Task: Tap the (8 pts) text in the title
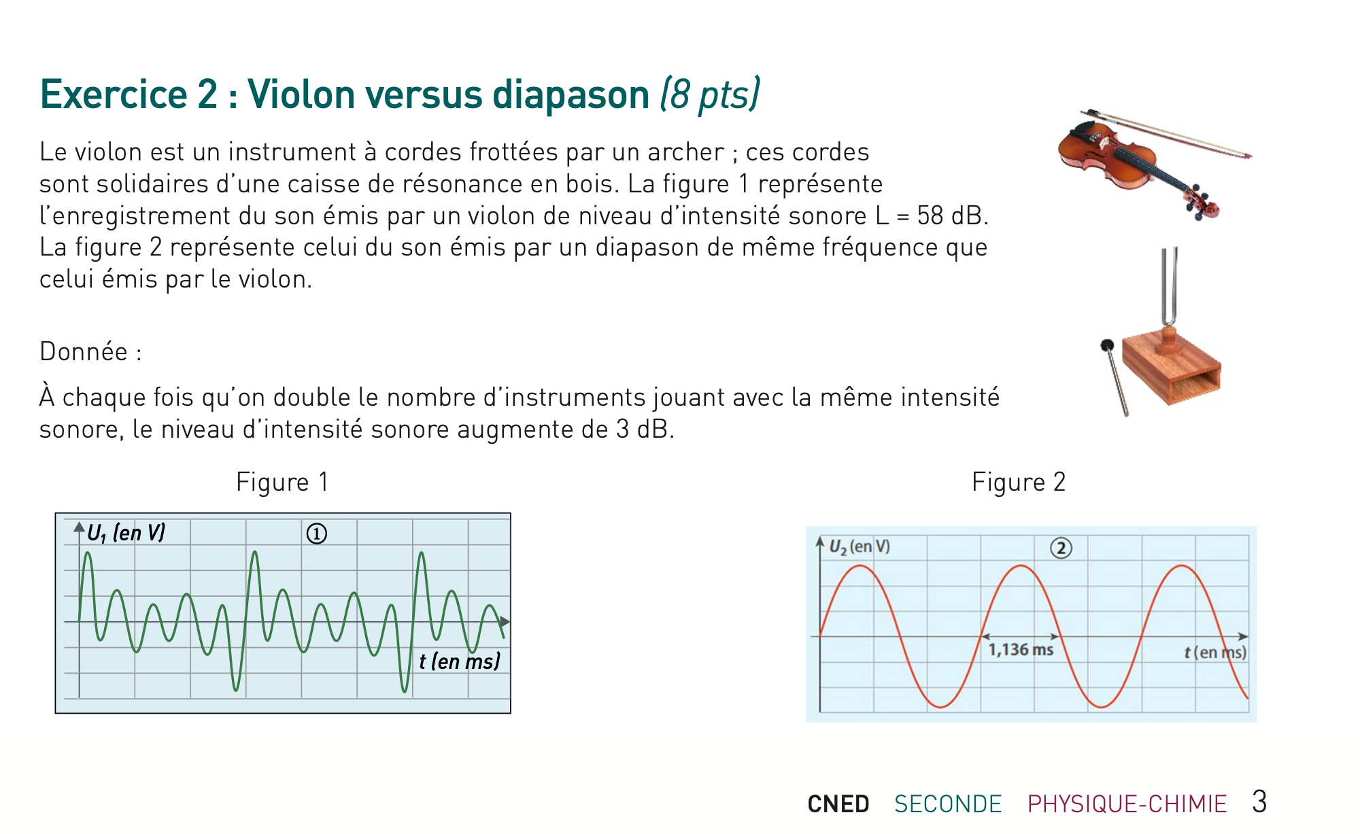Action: [710, 94]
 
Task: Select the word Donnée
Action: [84, 351]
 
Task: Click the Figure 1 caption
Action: [282, 482]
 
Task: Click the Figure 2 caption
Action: [1018, 482]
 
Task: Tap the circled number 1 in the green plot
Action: [317, 534]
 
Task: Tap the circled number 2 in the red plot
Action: [1061, 548]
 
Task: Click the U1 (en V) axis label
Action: [126, 533]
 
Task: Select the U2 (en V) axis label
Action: [859, 546]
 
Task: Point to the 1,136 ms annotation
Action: [1020, 650]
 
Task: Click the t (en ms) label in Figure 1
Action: [460, 661]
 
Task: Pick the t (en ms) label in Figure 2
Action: [1214, 653]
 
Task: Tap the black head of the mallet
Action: [1107, 345]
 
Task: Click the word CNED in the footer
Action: [838, 804]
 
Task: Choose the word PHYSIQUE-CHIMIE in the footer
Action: [1127, 804]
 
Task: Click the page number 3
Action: [1259, 802]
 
